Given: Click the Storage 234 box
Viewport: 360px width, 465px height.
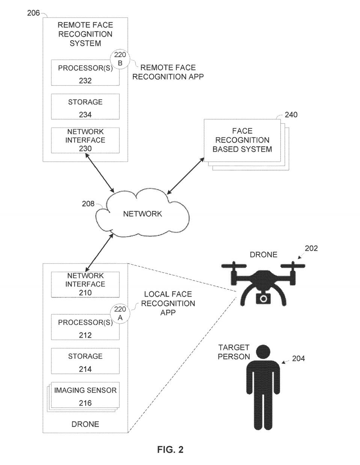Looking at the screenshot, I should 85,107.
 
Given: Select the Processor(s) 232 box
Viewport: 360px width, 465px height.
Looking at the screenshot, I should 85,73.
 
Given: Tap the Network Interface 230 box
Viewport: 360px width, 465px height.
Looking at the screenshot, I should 85,140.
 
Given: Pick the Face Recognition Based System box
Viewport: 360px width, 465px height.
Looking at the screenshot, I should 242,140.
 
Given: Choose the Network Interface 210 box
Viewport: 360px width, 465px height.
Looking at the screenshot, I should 85,284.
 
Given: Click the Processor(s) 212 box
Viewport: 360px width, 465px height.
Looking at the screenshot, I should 85,327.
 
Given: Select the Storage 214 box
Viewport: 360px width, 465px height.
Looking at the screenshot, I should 85,361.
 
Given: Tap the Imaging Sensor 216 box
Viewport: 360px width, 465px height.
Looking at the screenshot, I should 85,396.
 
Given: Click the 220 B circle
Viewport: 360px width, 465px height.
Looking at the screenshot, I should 120,59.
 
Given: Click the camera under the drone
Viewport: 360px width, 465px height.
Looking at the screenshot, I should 264,298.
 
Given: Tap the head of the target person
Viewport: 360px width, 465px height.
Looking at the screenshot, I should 263,352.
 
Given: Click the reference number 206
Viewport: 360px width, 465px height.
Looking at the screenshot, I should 33,13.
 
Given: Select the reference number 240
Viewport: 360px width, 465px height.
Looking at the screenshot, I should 291,115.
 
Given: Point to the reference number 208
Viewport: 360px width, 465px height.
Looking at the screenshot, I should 88,204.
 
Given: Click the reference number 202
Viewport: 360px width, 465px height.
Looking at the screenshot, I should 311,248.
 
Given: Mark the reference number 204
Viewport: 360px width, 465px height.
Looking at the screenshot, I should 298,359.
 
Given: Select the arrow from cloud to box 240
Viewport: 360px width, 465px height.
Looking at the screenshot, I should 185,177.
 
